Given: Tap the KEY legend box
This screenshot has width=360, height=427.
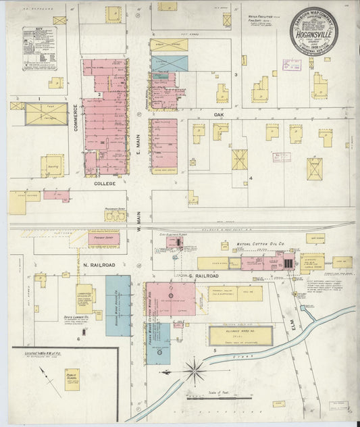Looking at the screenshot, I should [x=39, y=48].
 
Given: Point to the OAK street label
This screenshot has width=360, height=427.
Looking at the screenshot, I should [x=219, y=115].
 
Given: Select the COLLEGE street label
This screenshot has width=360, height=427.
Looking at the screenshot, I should [x=105, y=183].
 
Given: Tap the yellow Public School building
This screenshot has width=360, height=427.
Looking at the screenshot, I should [x=72, y=379].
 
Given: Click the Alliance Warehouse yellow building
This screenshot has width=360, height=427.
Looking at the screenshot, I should [x=240, y=336].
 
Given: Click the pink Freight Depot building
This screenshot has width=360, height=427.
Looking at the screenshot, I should [x=103, y=238].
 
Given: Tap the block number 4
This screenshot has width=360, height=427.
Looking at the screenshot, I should [x=250, y=178].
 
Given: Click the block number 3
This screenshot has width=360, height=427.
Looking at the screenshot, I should [x=236, y=74].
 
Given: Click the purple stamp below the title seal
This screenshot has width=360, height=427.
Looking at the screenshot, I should [x=291, y=65].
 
